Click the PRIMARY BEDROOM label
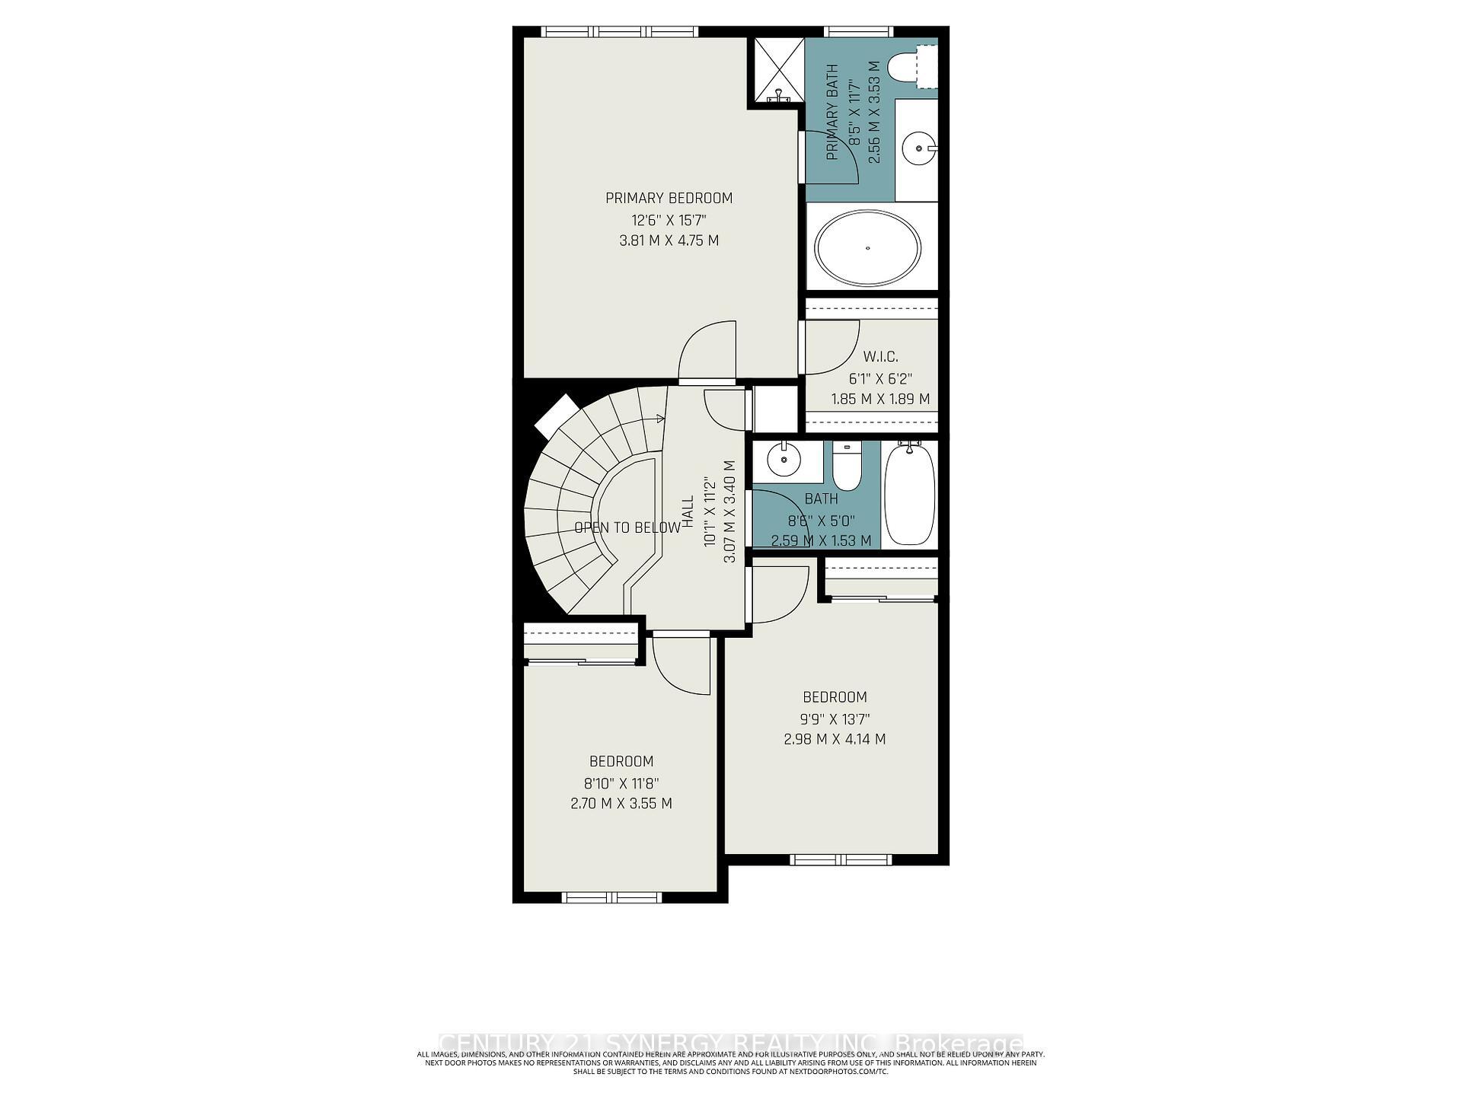(x=669, y=199)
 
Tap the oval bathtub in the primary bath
(x=867, y=247)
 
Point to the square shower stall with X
(x=779, y=69)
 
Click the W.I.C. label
(x=880, y=356)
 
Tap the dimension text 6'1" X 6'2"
(x=880, y=378)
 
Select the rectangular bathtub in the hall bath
(x=910, y=492)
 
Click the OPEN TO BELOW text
(x=627, y=527)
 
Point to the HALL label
(x=688, y=511)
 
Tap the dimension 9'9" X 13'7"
(x=835, y=718)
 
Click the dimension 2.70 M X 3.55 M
(x=621, y=803)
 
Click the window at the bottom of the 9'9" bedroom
(x=841, y=860)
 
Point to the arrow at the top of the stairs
(x=659, y=418)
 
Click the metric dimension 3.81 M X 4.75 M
(x=669, y=241)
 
